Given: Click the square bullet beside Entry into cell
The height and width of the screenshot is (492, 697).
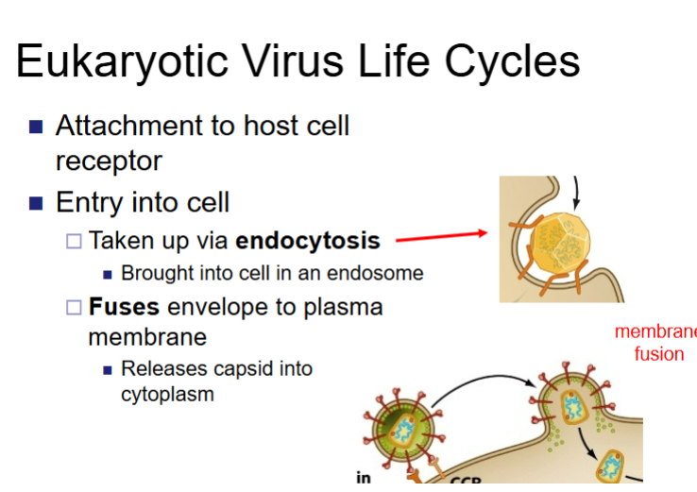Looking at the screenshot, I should [x=37, y=203].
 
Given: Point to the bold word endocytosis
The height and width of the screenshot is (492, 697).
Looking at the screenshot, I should [x=308, y=241].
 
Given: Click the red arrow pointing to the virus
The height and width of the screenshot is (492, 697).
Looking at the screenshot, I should [x=440, y=236].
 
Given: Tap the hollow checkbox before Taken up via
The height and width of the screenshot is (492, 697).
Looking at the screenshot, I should [x=75, y=242].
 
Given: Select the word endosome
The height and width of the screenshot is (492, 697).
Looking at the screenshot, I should [x=382, y=274].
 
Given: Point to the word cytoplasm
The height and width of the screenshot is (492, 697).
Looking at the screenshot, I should [x=167, y=394].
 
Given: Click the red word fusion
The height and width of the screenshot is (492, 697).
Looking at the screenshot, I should [x=658, y=355].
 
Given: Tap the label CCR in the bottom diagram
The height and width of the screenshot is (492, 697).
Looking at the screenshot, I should [x=466, y=482].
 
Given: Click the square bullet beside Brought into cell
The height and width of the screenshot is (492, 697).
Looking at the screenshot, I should [x=108, y=275].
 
